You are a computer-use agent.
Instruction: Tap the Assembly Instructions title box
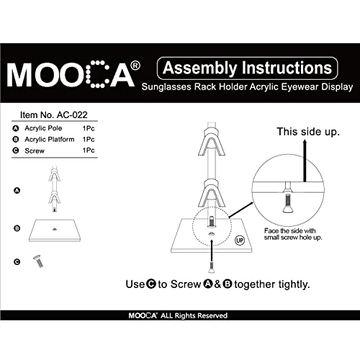pos(247,68)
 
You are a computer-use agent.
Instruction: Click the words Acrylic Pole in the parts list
pos(45,128)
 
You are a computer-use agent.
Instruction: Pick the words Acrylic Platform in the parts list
pos(50,139)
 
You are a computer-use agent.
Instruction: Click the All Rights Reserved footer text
pos(194,315)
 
